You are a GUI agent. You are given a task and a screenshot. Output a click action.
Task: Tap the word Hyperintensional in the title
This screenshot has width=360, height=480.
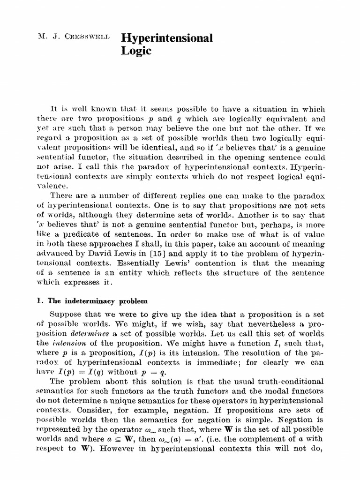[167, 38]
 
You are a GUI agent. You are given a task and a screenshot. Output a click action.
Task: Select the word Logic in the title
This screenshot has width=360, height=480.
[136, 51]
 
